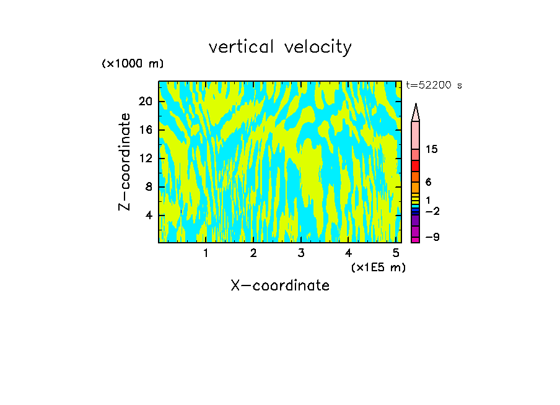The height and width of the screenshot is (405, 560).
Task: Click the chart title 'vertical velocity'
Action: pyautogui.click(x=280, y=47)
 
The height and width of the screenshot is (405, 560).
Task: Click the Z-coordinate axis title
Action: pyautogui.click(x=125, y=162)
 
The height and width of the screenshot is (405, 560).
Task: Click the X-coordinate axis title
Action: pyautogui.click(x=280, y=285)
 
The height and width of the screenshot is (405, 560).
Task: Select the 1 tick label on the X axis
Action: pyautogui.click(x=206, y=253)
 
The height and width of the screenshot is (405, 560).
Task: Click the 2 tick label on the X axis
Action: pyautogui.click(x=253, y=253)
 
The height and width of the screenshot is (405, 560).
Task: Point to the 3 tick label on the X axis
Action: pyautogui.click(x=300, y=253)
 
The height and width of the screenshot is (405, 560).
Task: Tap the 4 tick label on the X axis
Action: pyautogui.click(x=348, y=253)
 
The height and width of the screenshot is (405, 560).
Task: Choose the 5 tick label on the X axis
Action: pyautogui.click(x=395, y=253)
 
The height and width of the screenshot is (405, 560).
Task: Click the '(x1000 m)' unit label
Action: pyautogui.click(x=133, y=64)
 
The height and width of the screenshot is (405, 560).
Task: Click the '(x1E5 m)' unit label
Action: pyautogui.click(x=378, y=268)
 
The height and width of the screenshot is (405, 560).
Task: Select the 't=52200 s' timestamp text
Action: pyautogui.click(x=434, y=85)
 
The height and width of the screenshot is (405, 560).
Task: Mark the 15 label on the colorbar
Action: pyautogui.click(x=432, y=149)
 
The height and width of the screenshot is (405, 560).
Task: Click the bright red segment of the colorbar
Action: pyautogui.click(x=415, y=166)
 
